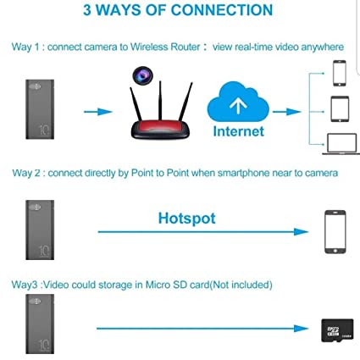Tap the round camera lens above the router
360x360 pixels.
click(142, 75)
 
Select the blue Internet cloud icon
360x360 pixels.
click(238, 102)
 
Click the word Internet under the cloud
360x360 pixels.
click(239, 131)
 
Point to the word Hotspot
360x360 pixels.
click(186, 219)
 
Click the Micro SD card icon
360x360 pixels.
click(337, 330)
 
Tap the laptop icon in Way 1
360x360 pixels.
click(341, 144)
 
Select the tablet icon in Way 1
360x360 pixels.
click(340, 109)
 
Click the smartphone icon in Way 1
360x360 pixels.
click(340, 73)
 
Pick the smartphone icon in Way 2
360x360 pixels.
click(335, 232)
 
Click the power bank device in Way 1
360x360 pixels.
click(40, 109)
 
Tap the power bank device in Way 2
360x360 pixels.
click(40, 230)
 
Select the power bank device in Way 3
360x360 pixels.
click(40, 324)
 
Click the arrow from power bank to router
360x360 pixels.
click(98, 112)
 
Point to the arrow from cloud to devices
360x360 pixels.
click(287, 112)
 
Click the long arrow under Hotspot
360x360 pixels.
click(203, 232)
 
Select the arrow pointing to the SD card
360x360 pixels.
click(202, 329)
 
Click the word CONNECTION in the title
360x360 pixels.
click(222, 10)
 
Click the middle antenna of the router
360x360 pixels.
click(160, 100)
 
